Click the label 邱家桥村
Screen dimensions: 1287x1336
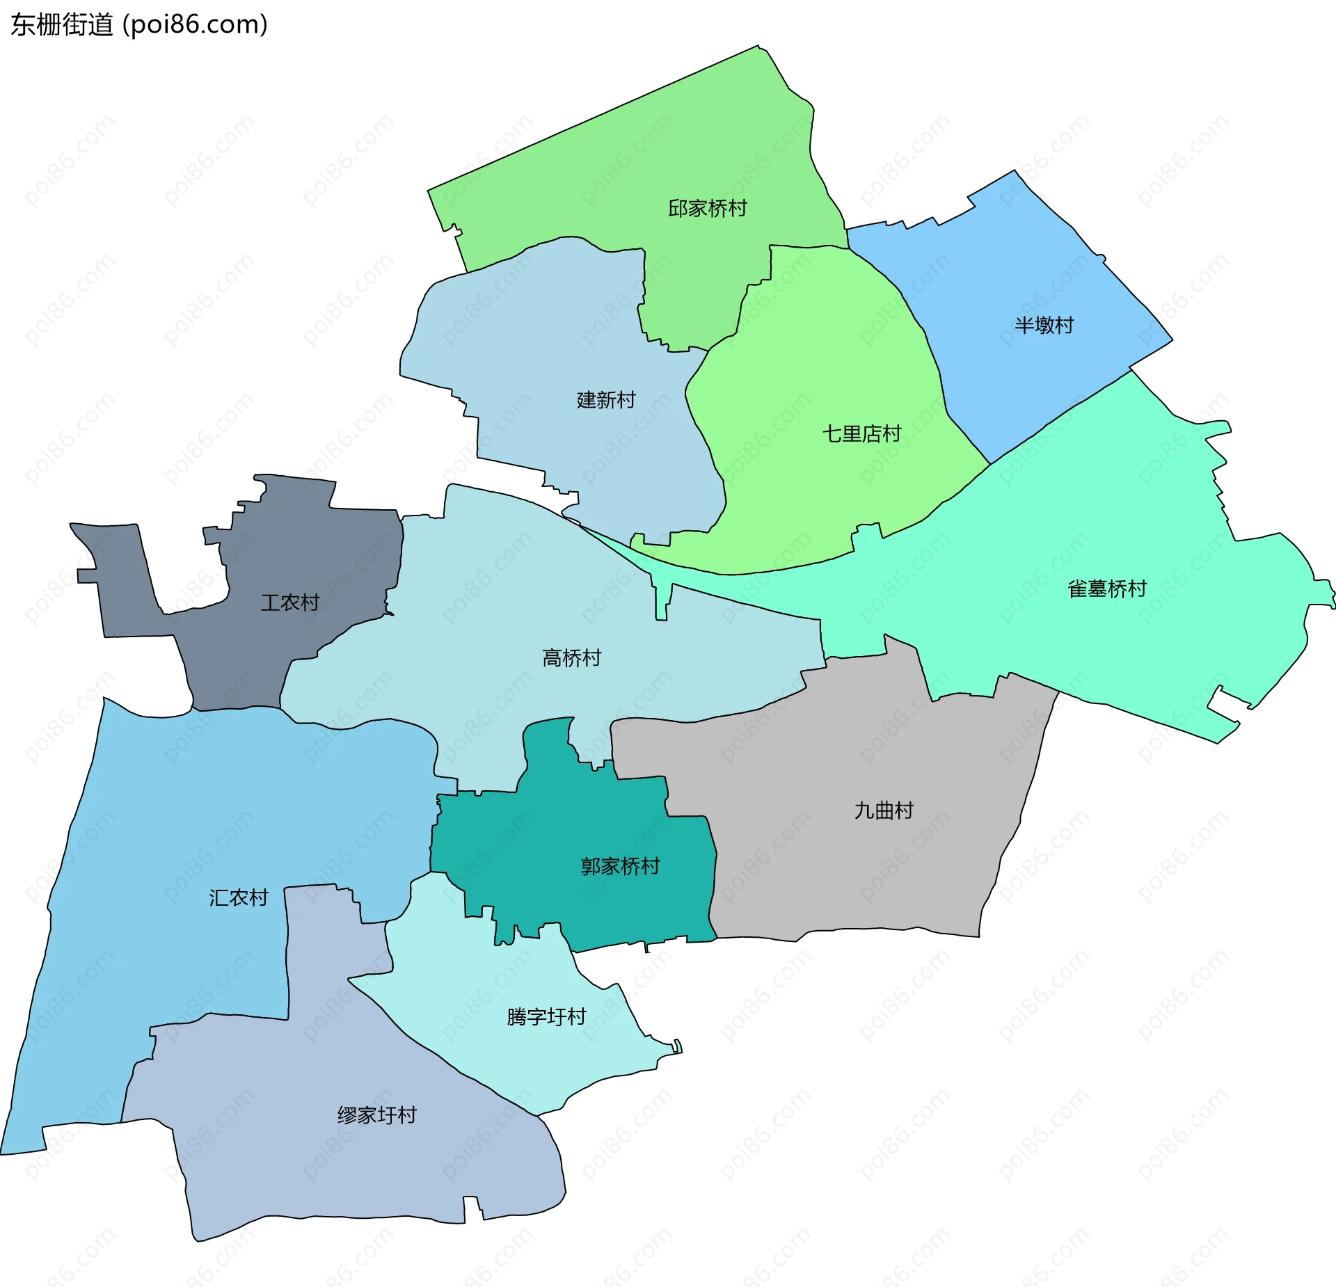pyautogui.click(x=707, y=208)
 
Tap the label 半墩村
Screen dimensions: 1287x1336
pyautogui.click(x=1043, y=325)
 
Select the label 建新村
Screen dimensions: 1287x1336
pyautogui.click(x=605, y=400)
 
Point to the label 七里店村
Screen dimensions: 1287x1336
pyautogui.click(x=861, y=434)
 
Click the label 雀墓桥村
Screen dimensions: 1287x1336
pyautogui.click(x=1106, y=589)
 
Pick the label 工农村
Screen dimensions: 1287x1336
pyautogui.click(x=289, y=602)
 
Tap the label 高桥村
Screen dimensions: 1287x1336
pyautogui.click(x=571, y=658)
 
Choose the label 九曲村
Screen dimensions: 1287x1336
pyautogui.click(x=883, y=811)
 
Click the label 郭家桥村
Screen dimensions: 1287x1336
pyautogui.click(x=620, y=867)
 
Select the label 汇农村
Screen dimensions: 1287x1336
pyautogui.click(x=238, y=898)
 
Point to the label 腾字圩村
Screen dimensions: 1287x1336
pyautogui.click(x=546, y=1017)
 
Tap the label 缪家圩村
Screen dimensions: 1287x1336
pyautogui.click(x=376, y=1116)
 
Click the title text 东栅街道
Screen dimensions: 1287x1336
pyautogui.click(x=62, y=25)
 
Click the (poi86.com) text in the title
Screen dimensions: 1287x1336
pyautogui.click(x=196, y=25)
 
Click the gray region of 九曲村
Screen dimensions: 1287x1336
pyautogui.click(x=870, y=877)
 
